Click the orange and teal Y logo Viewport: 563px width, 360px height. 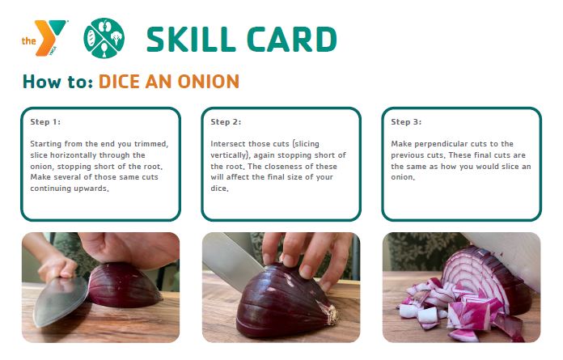(44, 37)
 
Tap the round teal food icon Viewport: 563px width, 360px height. (104, 38)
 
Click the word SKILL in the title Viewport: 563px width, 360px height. (191, 39)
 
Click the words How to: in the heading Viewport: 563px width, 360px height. (57, 82)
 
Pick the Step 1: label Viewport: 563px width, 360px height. (45, 121)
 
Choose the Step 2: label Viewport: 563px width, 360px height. (226, 121)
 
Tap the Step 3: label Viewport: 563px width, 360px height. (406, 121)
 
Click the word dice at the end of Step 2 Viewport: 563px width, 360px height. (219, 188)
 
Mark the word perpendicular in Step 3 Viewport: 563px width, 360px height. (439, 144)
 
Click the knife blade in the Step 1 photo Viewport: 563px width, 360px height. (61, 301)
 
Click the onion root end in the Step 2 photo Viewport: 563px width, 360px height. (328, 312)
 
